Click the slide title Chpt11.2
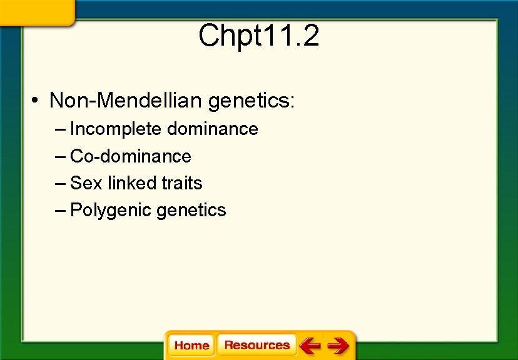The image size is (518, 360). pyautogui.click(x=258, y=36)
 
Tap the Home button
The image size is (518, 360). pyautogui.click(x=191, y=346)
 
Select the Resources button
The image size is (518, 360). pyautogui.click(x=256, y=345)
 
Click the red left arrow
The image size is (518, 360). pyautogui.click(x=310, y=346)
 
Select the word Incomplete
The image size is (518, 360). pyautogui.click(x=116, y=129)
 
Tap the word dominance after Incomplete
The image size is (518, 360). pyautogui.click(x=213, y=129)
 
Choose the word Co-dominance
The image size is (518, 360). pyautogui.click(x=131, y=156)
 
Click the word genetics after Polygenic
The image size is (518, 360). pyautogui.click(x=191, y=211)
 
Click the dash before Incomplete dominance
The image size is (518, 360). pyautogui.click(x=60, y=129)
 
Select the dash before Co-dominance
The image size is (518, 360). pyautogui.click(x=60, y=156)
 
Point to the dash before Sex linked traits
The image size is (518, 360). pyautogui.click(x=60, y=183)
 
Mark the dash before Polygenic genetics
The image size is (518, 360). pyautogui.click(x=60, y=211)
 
